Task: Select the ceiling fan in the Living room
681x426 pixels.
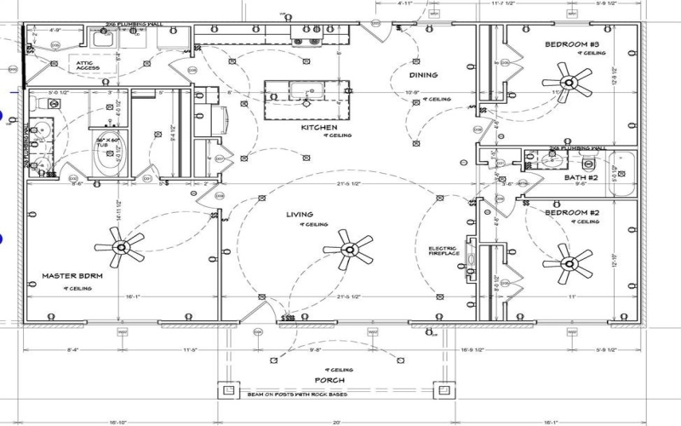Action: (x=348, y=249)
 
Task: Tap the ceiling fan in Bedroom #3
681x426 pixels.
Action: (x=580, y=83)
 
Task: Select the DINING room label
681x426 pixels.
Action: (x=423, y=75)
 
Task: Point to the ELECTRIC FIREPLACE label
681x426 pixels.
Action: (x=444, y=251)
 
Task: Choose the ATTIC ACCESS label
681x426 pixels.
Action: (x=89, y=66)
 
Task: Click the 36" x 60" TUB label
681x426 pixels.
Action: (x=106, y=141)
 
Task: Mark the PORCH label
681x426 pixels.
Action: (x=329, y=380)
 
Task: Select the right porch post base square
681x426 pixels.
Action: (x=444, y=390)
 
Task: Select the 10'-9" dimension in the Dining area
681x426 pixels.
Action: (x=411, y=92)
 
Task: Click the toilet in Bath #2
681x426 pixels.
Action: (x=587, y=162)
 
